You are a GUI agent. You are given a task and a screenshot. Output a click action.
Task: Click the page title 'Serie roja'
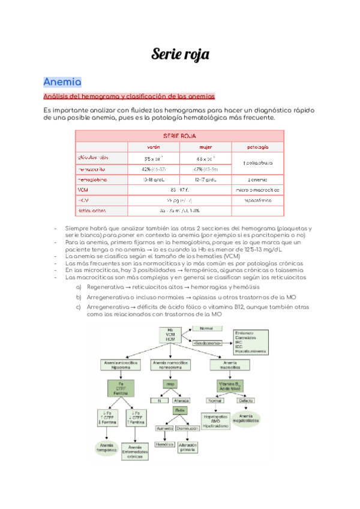point(180,55)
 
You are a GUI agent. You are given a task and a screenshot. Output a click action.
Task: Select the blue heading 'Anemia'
point(62,82)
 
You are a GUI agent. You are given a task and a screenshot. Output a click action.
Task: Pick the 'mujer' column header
point(206,147)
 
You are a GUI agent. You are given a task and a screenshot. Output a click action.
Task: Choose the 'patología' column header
point(257,147)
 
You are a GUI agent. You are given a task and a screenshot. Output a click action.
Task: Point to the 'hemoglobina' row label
point(93,179)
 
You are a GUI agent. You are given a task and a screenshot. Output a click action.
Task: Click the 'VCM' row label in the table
point(83,190)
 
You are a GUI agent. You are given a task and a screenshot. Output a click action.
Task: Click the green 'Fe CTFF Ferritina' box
point(121,388)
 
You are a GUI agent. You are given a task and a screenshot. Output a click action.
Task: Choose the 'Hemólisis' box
point(164,444)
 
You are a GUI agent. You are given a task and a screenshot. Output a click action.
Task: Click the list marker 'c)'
point(78,307)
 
